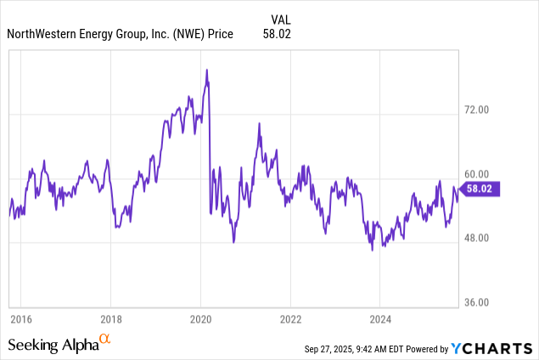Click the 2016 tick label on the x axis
point(21,318)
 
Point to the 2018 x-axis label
point(110,318)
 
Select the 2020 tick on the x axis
point(200,318)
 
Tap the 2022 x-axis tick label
point(290,318)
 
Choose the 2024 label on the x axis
point(380,318)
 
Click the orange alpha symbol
point(104,340)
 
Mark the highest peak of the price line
point(206,70)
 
